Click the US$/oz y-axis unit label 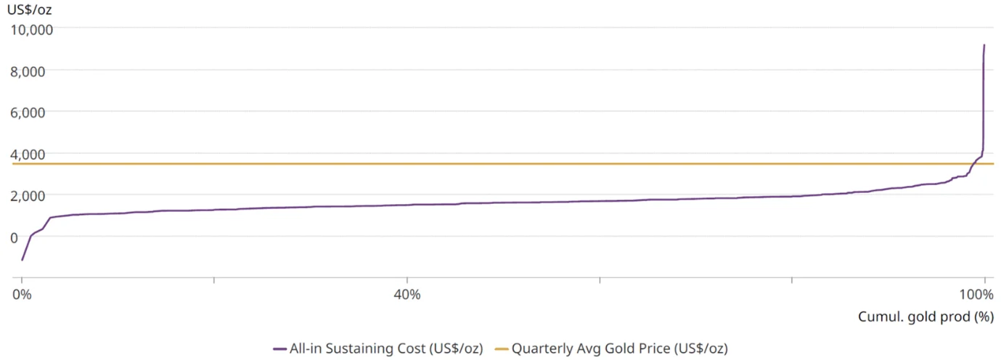(x=30, y=10)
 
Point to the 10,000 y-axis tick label (x=30, y=29)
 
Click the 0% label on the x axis (x=23, y=295)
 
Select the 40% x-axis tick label (x=406, y=295)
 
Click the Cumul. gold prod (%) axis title (x=925, y=316)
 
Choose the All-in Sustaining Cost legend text (x=385, y=348)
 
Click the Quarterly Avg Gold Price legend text (x=619, y=348)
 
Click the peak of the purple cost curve (x=984, y=45)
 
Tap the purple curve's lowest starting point (x=23, y=260)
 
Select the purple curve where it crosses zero (x=30, y=237)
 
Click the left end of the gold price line (x=15, y=164)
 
